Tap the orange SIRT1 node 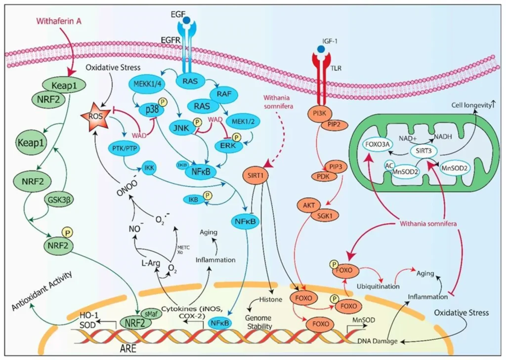(258, 174)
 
